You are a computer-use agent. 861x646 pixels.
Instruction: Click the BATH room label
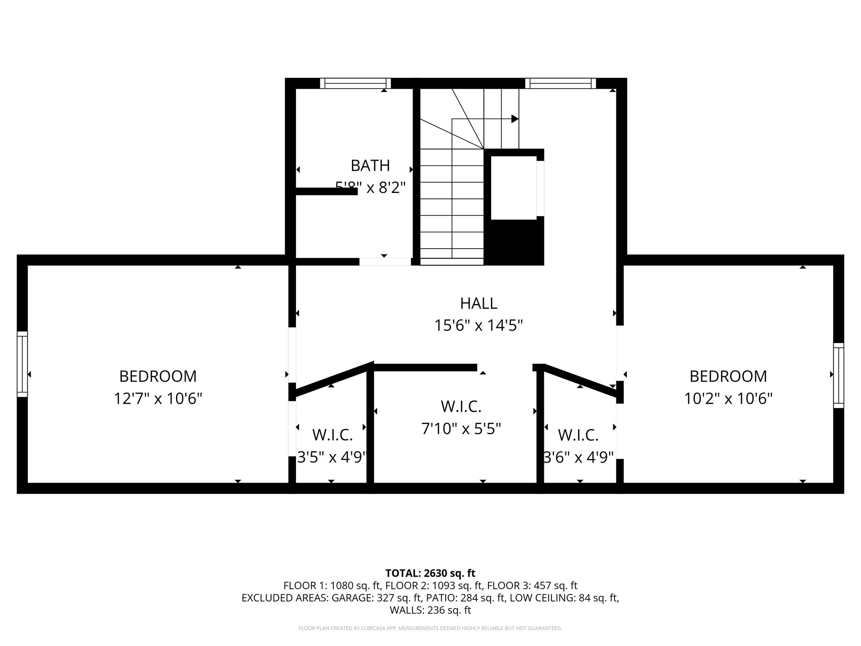370,166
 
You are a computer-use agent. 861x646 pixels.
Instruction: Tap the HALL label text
478,303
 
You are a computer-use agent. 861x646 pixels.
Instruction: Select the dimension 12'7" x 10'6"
158,398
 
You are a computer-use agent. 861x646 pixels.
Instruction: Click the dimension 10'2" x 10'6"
728,398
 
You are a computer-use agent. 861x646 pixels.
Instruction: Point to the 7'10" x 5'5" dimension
461,429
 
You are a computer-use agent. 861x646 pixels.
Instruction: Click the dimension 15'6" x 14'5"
478,326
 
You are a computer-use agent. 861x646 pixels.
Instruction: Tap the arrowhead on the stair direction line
515,119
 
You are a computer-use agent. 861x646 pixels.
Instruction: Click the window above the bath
355,83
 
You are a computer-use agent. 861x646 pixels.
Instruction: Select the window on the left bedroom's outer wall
22,364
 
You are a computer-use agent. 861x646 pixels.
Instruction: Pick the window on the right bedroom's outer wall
838,375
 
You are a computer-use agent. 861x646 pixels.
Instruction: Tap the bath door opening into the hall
385,262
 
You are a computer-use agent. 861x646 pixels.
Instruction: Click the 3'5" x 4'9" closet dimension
333,457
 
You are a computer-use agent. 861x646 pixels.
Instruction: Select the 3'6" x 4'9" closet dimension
579,457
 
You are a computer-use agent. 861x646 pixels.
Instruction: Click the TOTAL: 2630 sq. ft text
430,573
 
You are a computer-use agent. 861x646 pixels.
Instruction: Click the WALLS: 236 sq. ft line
430,610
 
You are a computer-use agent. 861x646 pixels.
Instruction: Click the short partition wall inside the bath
326,191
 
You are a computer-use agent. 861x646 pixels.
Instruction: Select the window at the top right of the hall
560,83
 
